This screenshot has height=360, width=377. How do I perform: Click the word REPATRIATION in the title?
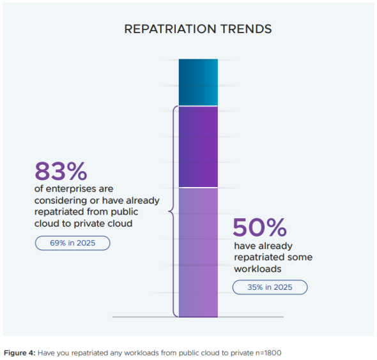pyautogui.click(x=170, y=29)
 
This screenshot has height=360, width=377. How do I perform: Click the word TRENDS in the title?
pyautogui.click(x=246, y=29)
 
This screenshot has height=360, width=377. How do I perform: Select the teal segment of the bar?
pyautogui.click(x=198, y=82)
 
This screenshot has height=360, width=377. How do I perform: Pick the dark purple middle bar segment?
pyautogui.click(x=198, y=147)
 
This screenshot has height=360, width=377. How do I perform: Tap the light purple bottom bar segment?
pyautogui.click(x=198, y=252)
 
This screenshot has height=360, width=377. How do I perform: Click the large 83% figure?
pyautogui.click(x=61, y=171)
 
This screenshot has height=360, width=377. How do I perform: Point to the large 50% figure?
pyautogui.click(x=259, y=227)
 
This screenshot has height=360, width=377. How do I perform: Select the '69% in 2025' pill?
pyautogui.click(x=73, y=243)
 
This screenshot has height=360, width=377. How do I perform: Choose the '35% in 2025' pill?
pyautogui.click(x=270, y=287)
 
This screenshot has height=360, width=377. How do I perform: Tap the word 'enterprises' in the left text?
pyautogui.click(x=71, y=189)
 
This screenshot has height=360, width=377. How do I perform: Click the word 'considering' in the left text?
pyautogui.click(x=61, y=200)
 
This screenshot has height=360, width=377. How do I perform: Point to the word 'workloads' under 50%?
pyautogui.click(x=258, y=269)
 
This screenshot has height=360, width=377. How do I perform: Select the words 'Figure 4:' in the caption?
pyautogui.click(x=20, y=353)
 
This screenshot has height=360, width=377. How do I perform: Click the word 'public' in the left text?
pyautogui.click(x=125, y=212)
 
